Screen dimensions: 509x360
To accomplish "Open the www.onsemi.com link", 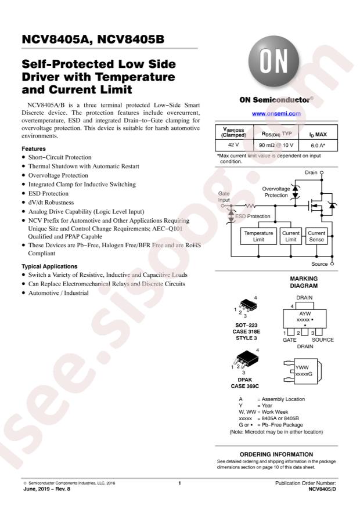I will click(x=276, y=114).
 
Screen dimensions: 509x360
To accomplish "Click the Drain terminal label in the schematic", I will click(x=311, y=173).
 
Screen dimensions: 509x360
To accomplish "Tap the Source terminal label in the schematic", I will click(x=319, y=263).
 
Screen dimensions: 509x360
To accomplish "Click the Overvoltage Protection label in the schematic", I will click(x=275, y=192).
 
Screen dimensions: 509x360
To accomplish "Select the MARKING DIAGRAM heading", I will click(x=303, y=282).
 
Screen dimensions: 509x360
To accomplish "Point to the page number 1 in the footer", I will click(x=180, y=482).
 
